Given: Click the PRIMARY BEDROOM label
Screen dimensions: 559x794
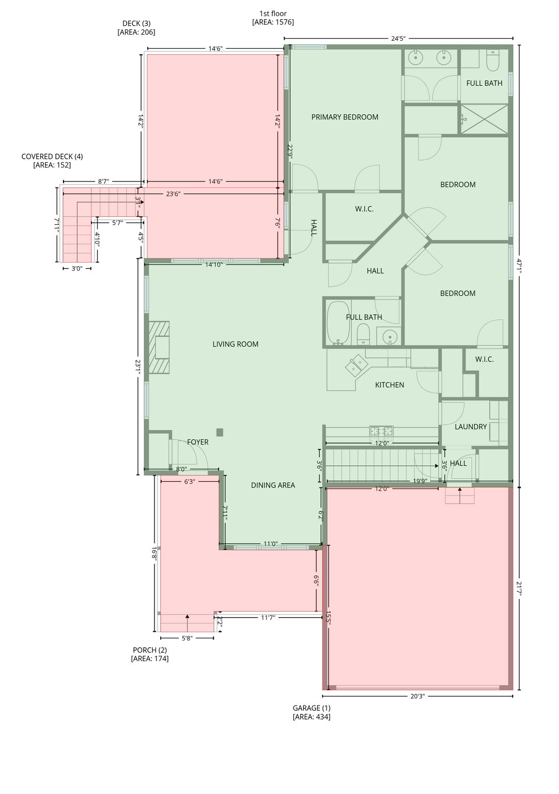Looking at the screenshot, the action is [344, 117].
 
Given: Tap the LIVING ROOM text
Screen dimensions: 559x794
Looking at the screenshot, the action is [235, 344].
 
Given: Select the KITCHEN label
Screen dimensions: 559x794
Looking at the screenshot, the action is [390, 385].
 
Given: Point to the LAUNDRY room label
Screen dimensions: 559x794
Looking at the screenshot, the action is [471, 426].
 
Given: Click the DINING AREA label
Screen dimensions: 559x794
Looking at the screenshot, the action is [273, 485].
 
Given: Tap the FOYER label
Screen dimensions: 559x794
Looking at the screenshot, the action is [198, 442].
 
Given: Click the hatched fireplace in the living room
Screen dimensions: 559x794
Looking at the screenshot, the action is [159, 347].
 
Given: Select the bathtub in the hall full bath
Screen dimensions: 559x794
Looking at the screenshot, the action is [338, 323].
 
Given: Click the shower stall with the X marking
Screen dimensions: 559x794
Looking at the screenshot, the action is [484, 119].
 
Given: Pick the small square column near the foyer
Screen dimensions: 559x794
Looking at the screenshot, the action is [220, 432].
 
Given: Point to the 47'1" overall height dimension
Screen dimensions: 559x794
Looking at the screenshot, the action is [519, 266].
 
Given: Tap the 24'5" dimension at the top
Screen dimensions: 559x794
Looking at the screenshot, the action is [398, 38].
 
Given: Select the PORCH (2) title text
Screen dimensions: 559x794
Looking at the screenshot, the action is [149, 650].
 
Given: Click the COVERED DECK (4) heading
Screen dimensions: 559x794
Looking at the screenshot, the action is [52, 156].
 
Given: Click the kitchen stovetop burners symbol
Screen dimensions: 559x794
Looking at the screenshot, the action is [381, 431].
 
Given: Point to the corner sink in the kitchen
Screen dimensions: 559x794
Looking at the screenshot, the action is [356, 365].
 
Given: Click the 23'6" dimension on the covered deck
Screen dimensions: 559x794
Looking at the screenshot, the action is [173, 194].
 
